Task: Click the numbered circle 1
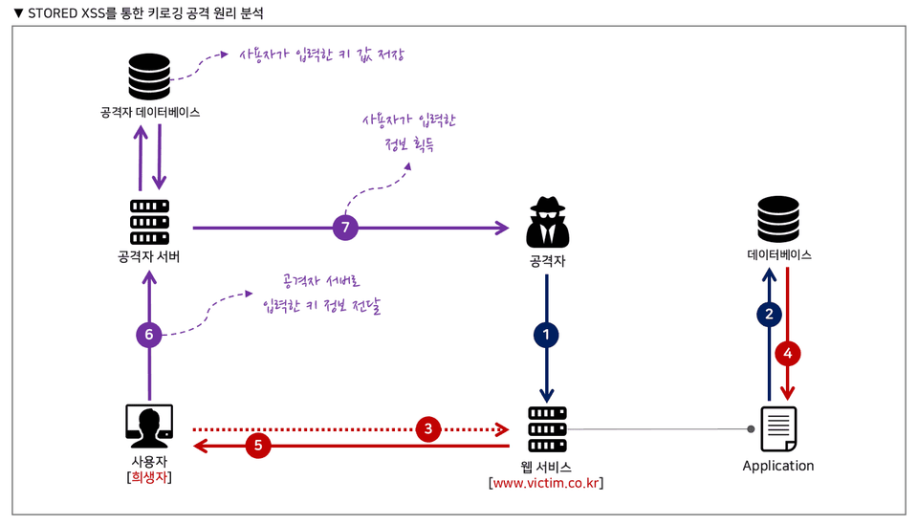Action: click(546, 335)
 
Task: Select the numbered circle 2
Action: click(770, 314)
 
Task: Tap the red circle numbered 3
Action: click(430, 429)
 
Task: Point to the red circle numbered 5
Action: click(258, 445)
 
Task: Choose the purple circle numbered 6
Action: click(149, 334)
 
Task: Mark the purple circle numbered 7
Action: click(346, 228)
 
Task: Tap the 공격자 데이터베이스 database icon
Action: click(149, 77)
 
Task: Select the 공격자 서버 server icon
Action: click(149, 222)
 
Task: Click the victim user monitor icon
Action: click(149, 427)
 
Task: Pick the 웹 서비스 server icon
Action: click(546, 429)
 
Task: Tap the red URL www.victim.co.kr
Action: click(546, 483)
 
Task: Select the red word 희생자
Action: click(150, 475)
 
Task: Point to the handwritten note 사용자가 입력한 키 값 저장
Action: click(321, 55)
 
